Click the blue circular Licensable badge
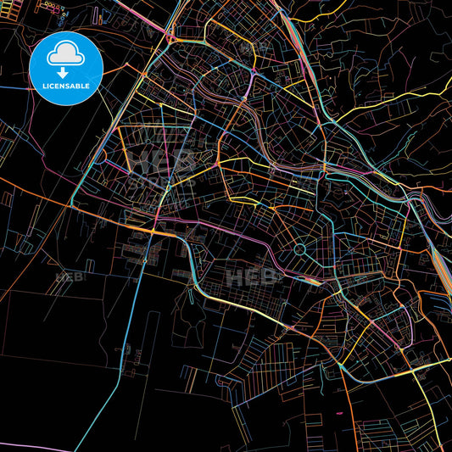66,68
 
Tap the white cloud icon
66,54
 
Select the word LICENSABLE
66,85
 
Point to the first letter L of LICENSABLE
42,85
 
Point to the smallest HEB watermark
64,277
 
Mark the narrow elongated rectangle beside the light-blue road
152,339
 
